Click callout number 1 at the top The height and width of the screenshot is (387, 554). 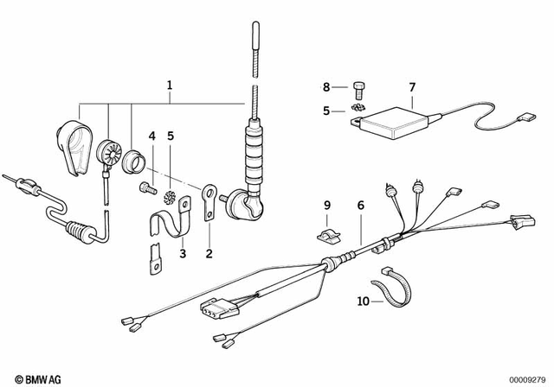[170, 86]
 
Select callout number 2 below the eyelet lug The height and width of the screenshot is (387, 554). [209, 253]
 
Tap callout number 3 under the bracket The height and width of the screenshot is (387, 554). [183, 253]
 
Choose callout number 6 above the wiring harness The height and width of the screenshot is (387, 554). [361, 205]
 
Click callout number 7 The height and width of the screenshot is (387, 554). [412, 86]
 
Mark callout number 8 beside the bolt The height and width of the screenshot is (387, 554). [326, 86]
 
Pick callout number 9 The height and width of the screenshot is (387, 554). [326, 205]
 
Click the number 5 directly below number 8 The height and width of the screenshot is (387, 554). [326, 110]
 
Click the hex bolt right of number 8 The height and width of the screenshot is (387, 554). [360, 86]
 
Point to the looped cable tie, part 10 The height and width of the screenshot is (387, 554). [390, 288]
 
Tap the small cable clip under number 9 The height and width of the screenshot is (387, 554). [327, 233]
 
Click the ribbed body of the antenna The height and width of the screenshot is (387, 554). [254, 155]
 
